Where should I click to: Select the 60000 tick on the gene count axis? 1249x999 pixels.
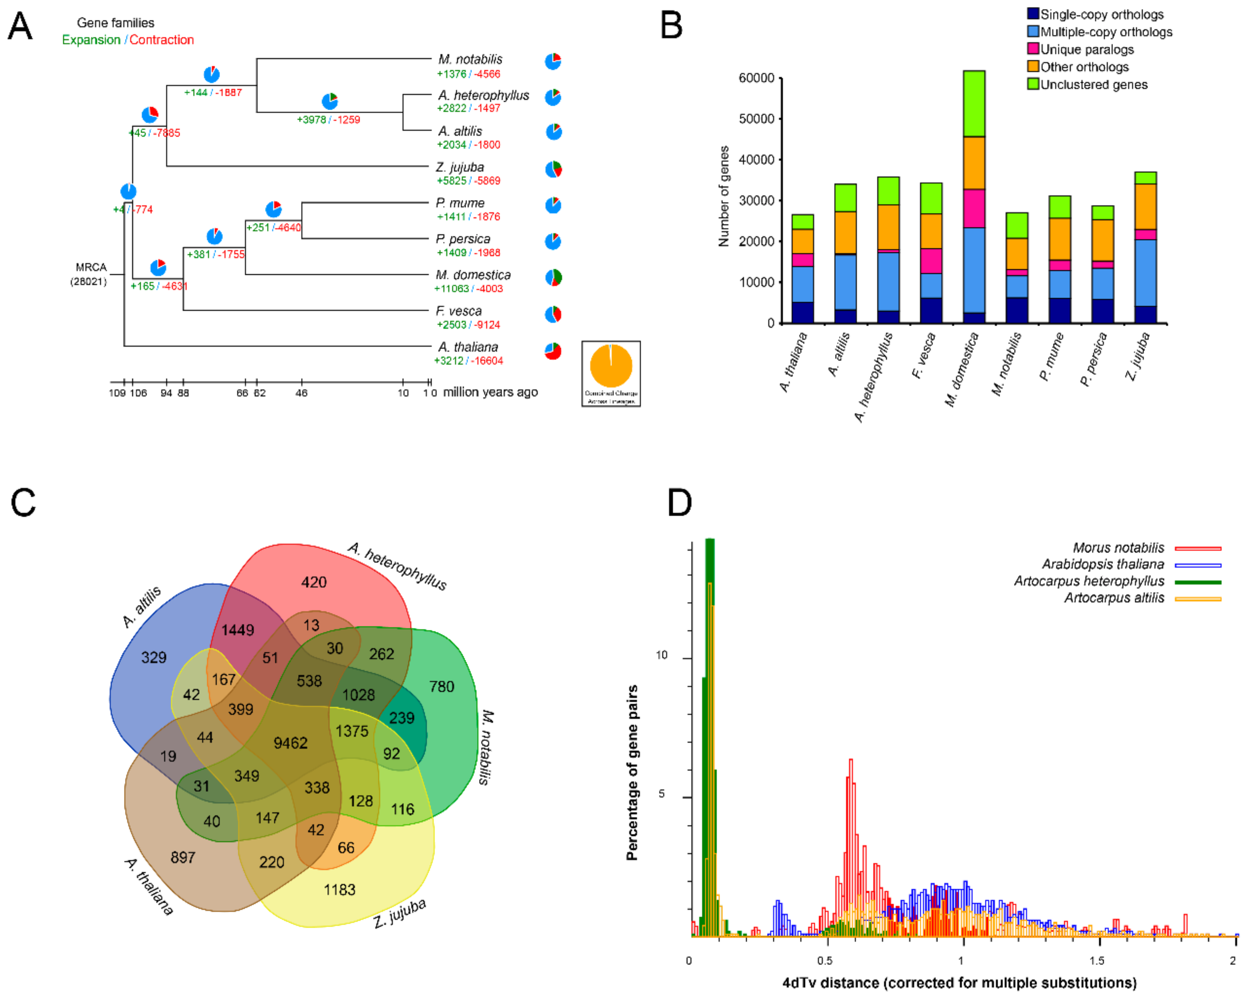click(756, 78)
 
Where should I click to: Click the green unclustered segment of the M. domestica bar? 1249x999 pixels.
click(974, 104)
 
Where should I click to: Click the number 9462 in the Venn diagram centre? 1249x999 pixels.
click(290, 743)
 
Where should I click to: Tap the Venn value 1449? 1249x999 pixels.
click(238, 630)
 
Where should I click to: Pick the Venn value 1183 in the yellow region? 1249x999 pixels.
click(339, 890)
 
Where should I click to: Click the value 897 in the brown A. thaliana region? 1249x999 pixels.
click(183, 858)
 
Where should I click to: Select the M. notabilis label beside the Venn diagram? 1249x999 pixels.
click(486, 748)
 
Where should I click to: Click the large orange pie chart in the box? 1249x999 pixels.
click(611, 366)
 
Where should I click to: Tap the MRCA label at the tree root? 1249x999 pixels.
click(90, 268)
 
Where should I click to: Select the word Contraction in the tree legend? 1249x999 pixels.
click(161, 40)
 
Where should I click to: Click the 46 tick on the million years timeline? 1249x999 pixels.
click(301, 393)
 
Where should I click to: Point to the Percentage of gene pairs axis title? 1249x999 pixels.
click(632, 773)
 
